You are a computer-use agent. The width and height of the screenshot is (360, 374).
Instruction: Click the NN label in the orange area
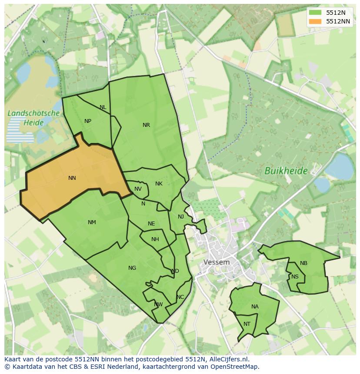(72, 178)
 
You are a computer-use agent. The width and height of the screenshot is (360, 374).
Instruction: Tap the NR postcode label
(146, 125)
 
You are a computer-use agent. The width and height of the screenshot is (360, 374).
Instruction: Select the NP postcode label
(88, 121)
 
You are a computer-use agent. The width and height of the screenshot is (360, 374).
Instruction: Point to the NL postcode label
(103, 107)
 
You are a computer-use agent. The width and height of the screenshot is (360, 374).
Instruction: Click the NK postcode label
(159, 184)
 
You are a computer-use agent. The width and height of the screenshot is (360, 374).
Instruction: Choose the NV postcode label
(138, 189)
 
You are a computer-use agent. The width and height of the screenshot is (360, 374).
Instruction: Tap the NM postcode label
(92, 222)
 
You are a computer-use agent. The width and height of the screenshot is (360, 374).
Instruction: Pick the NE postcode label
(151, 224)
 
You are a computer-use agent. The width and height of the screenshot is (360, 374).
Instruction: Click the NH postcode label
(155, 239)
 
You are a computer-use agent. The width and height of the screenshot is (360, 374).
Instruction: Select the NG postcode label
(132, 268)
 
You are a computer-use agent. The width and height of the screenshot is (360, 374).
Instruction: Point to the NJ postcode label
(181, 217)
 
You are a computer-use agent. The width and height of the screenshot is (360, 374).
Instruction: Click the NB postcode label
(303, 263)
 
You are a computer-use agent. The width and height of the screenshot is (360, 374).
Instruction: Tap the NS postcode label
(295, 277)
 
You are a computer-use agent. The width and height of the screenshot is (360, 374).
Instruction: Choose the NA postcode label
(255, 307)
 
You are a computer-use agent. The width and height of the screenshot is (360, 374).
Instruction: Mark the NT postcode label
(247, 324)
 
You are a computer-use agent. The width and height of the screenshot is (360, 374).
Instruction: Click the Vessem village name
(217, 262)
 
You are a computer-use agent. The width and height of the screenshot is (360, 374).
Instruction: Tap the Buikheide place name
(286, 171)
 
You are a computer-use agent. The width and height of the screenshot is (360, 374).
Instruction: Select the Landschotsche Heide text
(33, 118)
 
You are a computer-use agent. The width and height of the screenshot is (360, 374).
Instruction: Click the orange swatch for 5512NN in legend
(316, 21)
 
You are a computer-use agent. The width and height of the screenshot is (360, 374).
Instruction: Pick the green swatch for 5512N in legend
(316, 13)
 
